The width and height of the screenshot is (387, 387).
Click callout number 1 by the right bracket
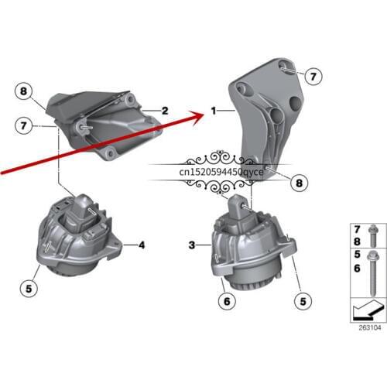point(213,111)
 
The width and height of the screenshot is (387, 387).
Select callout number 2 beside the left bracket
point(165,111)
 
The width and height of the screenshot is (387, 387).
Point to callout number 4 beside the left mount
point(142,245)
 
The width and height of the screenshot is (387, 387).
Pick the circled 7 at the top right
point(313,76)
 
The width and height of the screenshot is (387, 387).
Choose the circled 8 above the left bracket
point(24,92)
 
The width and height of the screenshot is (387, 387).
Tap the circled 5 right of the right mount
point(300,300)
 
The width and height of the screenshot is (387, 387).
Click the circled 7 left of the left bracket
point(24,123)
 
